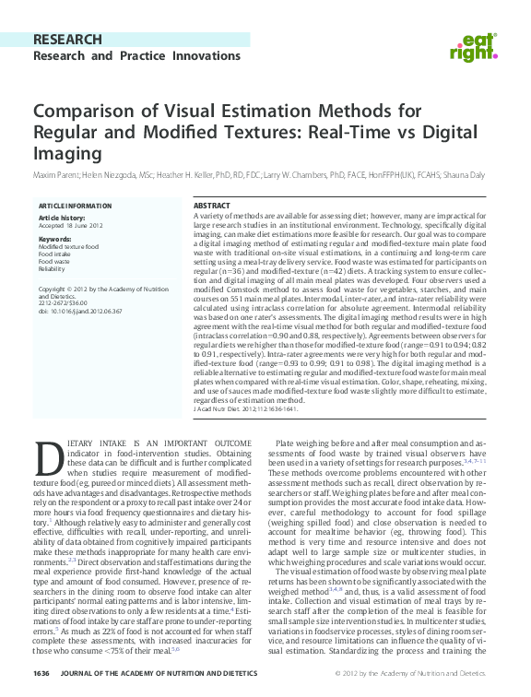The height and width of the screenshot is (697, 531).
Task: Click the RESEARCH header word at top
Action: coord(66,40)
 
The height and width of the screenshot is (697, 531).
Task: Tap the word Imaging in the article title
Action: coord(66,154)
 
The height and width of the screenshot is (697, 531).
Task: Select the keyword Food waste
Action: coord(55,262)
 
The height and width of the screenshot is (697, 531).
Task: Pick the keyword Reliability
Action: coord(52,269)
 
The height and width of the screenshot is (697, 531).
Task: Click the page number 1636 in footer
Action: coord(41,674)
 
